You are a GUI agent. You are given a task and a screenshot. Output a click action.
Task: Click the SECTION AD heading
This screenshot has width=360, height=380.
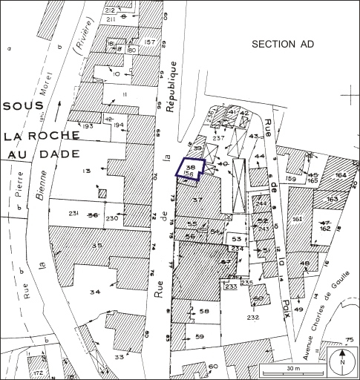(283, 45)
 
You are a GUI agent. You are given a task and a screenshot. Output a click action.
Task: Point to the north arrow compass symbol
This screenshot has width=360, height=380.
(341, 361)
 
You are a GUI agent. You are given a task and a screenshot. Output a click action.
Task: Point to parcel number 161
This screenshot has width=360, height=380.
(298, 220)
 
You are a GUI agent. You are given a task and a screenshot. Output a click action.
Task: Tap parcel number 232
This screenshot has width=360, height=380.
(252, 318)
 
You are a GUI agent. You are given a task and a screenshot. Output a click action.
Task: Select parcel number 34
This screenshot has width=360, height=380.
(94, 292)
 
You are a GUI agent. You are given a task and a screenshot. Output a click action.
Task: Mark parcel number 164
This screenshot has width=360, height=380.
(341, 175)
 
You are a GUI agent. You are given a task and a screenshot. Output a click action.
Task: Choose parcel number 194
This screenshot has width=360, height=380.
(117, 125)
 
